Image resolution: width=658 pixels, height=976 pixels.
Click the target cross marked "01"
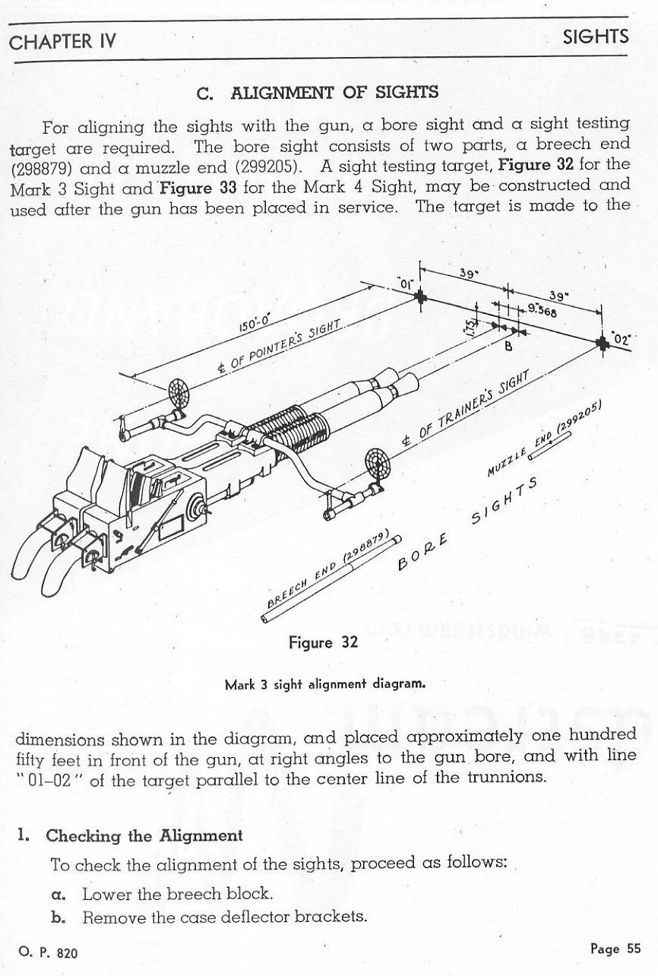pos(421,297)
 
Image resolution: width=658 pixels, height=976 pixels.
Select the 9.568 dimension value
pos(542,310)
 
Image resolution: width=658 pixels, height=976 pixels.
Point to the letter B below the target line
pos(508,347)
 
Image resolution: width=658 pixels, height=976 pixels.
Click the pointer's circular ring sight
pos(180,391)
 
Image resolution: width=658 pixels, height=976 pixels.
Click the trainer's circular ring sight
pos(377,464)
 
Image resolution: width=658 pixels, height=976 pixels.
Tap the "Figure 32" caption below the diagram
pos(323,642)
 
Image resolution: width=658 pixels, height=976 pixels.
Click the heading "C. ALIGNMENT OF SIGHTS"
pos(318,93)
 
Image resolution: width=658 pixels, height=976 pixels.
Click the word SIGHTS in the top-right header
pos(596,36)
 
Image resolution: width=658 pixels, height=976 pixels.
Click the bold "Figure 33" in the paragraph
pos(198,189)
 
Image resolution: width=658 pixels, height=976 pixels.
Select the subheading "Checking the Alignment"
pos(144,835)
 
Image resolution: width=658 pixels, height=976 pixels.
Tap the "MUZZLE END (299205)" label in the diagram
pos(545,437)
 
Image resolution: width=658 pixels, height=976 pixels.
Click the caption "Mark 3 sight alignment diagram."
pos(325,684)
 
